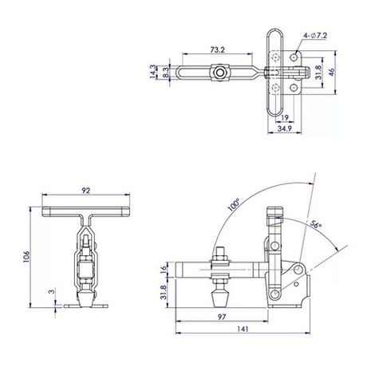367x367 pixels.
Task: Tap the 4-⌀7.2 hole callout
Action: (314, 36)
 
